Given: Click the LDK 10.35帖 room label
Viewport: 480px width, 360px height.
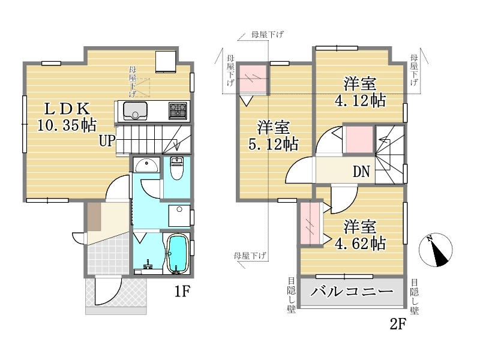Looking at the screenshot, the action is (x=67, y=116).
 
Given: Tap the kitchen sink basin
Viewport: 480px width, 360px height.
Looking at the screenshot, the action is (x=135, y=111).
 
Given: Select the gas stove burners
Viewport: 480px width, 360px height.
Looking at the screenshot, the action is (x=178, y=110).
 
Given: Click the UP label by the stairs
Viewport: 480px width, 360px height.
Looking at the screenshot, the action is (x=107, y=141).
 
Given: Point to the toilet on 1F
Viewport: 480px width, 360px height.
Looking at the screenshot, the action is (x=176, y=168).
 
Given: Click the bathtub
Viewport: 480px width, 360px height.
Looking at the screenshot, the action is (x=177, y=254).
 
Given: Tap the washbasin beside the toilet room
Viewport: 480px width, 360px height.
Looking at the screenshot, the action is (x=146, y=165).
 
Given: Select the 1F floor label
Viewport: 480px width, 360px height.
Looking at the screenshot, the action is (x=183, y=291).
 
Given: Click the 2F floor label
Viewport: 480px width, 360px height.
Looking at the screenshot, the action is (x=398, y=324).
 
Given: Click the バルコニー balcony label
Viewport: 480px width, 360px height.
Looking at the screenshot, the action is (x=352, y=291).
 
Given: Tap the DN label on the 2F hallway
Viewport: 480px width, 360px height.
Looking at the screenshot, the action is (x=361, y=172).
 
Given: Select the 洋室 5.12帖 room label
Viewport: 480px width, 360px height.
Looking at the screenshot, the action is (x=274, y=136).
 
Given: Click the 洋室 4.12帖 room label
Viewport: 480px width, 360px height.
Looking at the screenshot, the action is (x=360, y=92).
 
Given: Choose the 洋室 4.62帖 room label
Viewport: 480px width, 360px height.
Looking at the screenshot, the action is (x=360, y=235).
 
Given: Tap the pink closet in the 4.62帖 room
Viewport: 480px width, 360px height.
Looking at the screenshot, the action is (x=310, y=223).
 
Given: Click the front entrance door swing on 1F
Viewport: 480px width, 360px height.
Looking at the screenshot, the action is (x=107, y=290).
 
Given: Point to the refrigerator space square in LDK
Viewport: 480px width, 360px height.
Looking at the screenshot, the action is (x=166, y=62).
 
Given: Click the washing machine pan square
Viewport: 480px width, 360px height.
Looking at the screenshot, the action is (x=179, y=216).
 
